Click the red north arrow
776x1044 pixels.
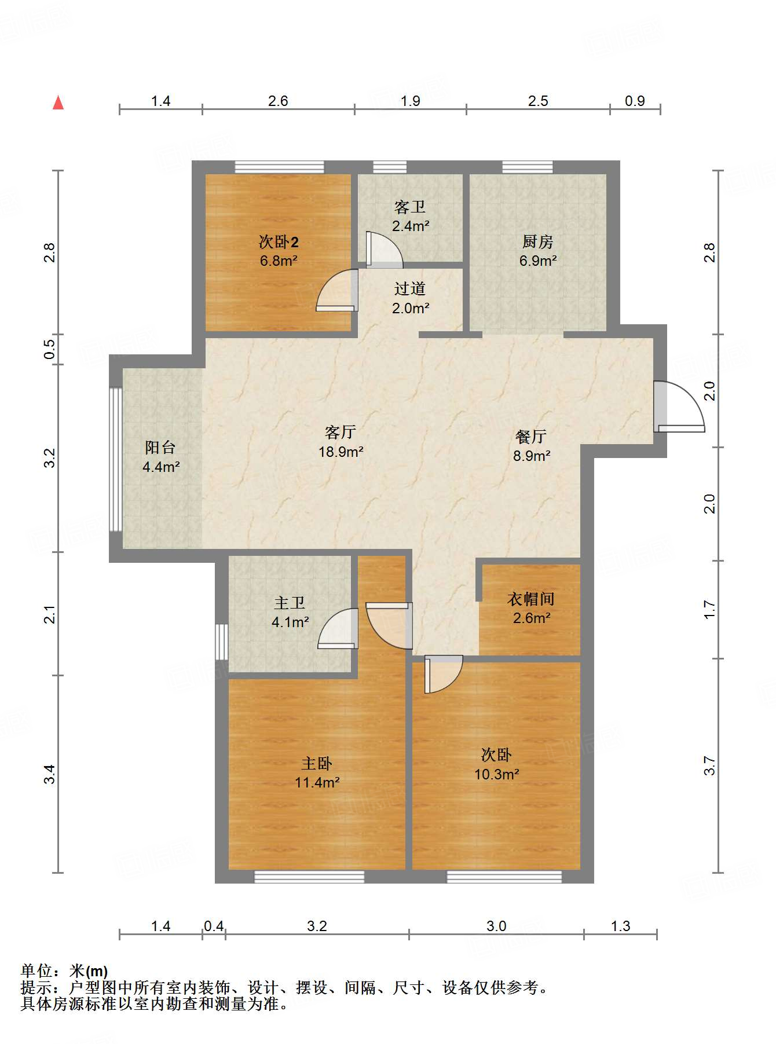(x=58, y=102)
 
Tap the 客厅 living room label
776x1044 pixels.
(x=340, y=432)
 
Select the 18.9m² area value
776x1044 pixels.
(x=341, y=452)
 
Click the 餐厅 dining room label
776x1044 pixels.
(x=530, y=437)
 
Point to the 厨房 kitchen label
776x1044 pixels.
(x=537, y=241)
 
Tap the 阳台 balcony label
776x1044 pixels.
(x=160, y=447)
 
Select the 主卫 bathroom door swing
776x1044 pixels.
(x=338, y=629)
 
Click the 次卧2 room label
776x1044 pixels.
(x=279, y=242)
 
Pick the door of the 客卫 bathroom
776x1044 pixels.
(x=382, y=250)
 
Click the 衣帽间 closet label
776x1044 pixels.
(x=530, y=599)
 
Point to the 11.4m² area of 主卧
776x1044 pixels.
(x=317, y=783)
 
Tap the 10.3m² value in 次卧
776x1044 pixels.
(x=496, y=774)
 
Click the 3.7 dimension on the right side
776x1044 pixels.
(x=709, y=765)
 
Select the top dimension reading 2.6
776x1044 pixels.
(x=278, y=101)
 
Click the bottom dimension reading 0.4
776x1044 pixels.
(x=214, y=926)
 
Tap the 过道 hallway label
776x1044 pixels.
(x=410, y=288)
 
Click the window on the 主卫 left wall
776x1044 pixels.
(x=222, y=641)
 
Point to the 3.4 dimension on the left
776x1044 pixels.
(x=50, y=774)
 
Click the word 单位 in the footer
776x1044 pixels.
(x=36, y=971)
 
